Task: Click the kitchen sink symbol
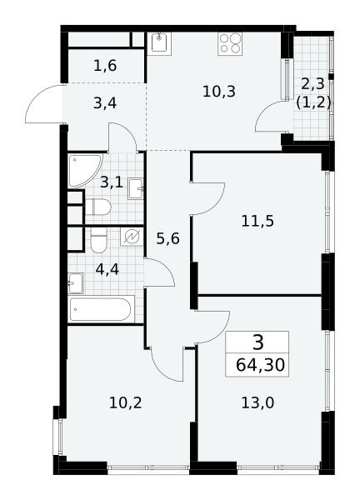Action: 159,43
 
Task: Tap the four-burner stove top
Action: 230,43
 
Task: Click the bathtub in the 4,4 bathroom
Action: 101,309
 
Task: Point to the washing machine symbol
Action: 132,237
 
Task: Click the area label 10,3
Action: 219,92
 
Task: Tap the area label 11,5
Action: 257,221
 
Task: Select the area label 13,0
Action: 257,403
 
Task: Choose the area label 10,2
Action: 125,403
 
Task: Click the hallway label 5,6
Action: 168,238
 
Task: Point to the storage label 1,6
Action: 105,66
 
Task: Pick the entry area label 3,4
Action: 105,103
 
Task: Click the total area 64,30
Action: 260,365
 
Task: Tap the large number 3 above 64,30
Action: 257,342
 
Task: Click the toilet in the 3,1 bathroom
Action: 97,207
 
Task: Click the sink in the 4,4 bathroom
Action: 76,283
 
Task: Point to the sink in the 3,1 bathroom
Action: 136,189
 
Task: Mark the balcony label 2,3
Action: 312,84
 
